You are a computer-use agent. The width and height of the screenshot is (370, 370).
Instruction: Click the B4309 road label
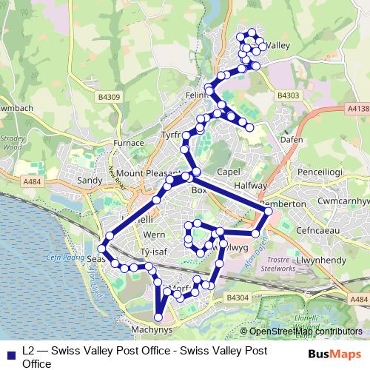coord(108,96)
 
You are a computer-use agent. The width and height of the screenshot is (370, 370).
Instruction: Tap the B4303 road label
coord(288,95)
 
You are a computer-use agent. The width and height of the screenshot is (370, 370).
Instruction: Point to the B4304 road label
coord(237,296)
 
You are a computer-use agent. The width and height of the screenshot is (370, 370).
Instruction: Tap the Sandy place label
coord(90,180)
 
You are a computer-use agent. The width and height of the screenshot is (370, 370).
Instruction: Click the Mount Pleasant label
coord(148,173)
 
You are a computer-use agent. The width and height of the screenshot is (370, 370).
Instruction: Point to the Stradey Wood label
coord(15,142)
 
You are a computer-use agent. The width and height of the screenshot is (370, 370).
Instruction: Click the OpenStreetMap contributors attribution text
coord(305,332)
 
